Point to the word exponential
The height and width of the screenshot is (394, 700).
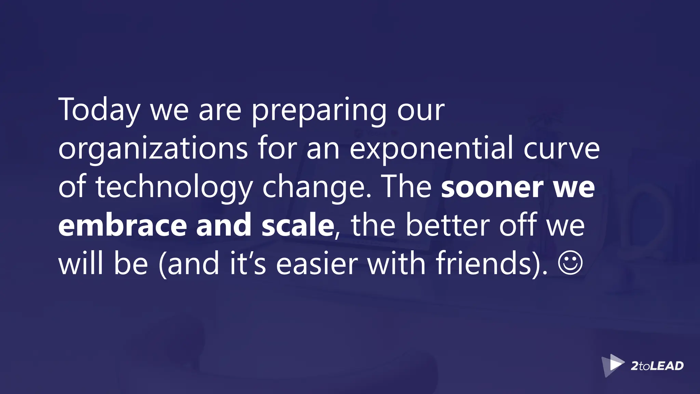click(x=431, y=148)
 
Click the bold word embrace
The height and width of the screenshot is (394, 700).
click(x=122, y=225)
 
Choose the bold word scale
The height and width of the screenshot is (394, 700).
click(x=298, y=225)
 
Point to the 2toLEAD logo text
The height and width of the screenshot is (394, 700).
click(x=657, y=366)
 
